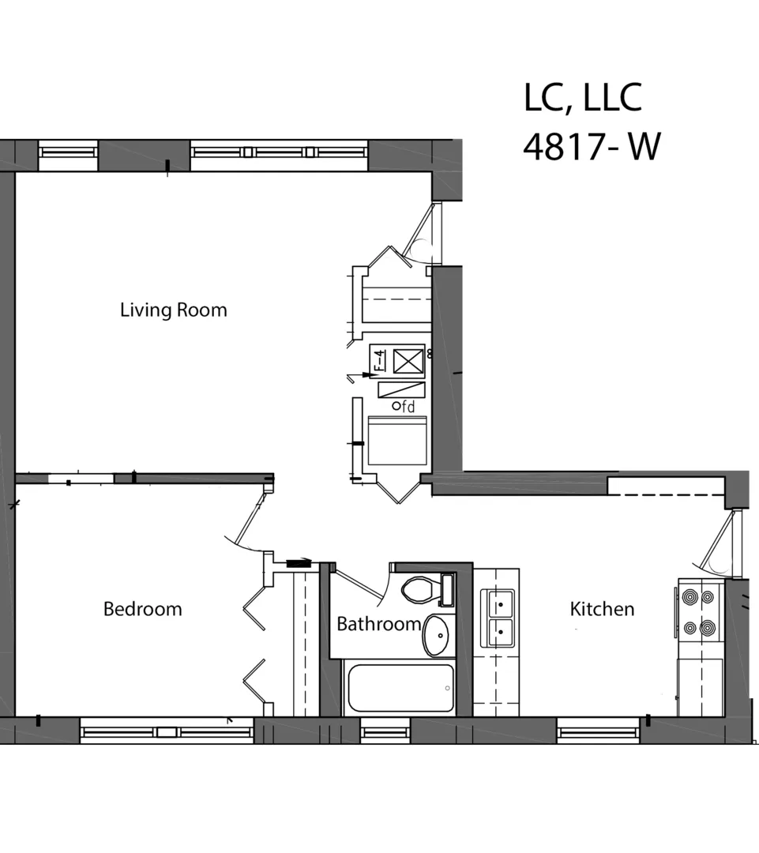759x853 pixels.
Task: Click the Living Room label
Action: (173, 310)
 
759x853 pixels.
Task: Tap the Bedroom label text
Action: (142, 609)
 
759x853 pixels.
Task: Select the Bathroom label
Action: (378, 624)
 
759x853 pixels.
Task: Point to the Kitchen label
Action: (602, 609)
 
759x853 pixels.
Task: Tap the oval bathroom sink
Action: (438, 636)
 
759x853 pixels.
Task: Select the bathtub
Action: (400, 688)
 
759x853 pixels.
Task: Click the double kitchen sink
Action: (498, 617)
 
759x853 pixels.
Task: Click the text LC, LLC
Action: (582, 98)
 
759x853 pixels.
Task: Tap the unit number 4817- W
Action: (591, 147)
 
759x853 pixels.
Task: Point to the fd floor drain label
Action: (404, 407)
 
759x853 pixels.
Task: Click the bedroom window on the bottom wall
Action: (166, 732)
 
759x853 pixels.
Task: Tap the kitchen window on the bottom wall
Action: (597, 732)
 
